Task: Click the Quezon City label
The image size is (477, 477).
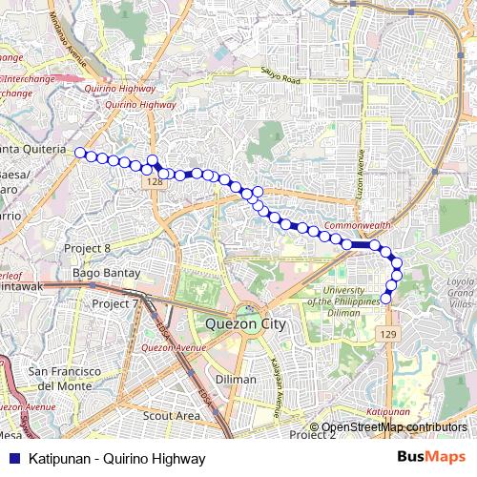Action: pos(246,324)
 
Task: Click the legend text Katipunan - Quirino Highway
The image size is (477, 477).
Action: pos(117,459)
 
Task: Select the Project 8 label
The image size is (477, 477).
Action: pos(88,247)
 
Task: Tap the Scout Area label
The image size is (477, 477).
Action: pos(171,416)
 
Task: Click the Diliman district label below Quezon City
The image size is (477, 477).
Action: pos(236,379)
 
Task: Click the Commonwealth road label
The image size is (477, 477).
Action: pos(358,225)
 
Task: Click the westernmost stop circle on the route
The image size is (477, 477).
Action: pos(80,153)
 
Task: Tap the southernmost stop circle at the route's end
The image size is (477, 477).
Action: pos(386,299)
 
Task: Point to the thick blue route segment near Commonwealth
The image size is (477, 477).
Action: pos(361,245)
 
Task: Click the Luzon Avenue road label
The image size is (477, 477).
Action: pos(362,176)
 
